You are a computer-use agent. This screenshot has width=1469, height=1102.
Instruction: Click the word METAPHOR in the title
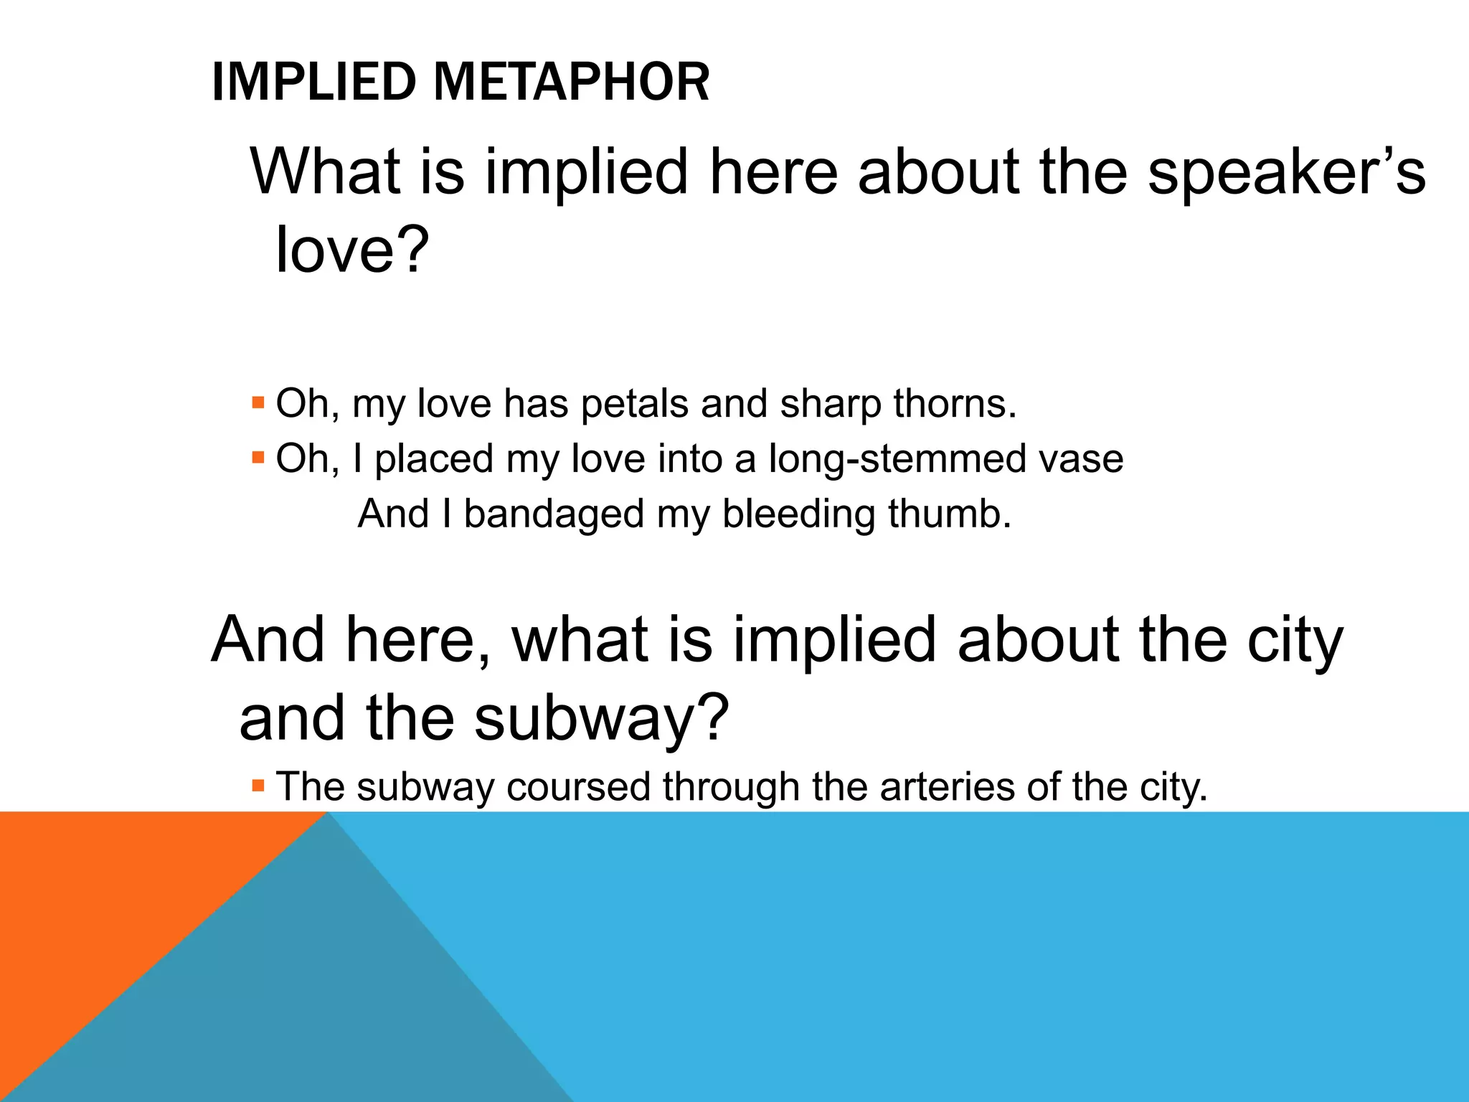571,82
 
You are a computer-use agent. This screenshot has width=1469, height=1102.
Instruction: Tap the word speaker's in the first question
1286,172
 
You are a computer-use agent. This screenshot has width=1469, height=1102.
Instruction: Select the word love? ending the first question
352,249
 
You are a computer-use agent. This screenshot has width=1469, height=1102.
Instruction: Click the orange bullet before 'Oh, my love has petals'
258,401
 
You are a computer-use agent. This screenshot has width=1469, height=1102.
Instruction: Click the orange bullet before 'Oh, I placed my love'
258,456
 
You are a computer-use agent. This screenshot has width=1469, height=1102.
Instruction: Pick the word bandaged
554,515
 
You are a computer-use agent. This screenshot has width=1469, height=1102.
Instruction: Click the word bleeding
798,515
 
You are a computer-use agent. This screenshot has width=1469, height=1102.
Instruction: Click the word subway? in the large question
601,719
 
